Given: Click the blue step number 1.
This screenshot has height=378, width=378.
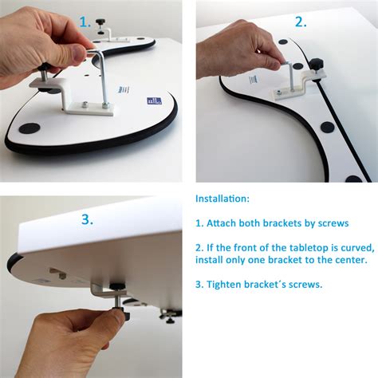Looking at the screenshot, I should tap(85, 22).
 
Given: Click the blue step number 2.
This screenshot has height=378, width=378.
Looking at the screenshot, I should tap(299, 21).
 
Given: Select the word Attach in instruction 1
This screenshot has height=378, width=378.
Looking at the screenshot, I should tap(228, 224).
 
